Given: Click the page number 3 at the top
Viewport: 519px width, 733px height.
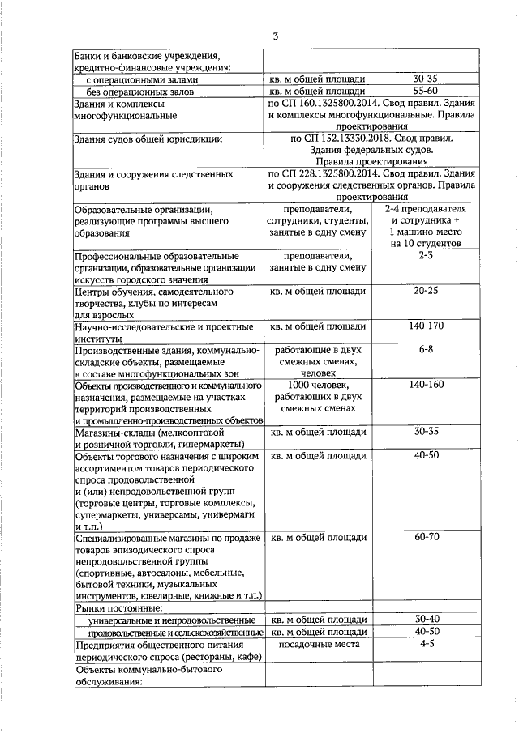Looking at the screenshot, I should coord(276,37).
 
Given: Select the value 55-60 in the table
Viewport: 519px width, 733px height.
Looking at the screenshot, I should coord(425,92).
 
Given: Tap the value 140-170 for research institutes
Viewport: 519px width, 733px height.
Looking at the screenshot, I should coord(425,326).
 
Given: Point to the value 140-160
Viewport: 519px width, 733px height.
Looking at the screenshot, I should coord(425,384).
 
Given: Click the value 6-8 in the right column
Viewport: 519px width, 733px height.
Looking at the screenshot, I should coord(425,350).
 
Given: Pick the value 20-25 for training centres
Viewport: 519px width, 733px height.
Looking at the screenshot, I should coord(425,291).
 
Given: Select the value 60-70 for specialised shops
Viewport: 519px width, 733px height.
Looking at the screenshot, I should coord(425,537).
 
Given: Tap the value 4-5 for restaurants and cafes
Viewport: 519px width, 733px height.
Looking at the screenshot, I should coord(425,644).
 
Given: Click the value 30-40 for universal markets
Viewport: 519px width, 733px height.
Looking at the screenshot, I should coord(425,618).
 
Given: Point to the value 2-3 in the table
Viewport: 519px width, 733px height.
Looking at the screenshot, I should coord(425,255).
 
